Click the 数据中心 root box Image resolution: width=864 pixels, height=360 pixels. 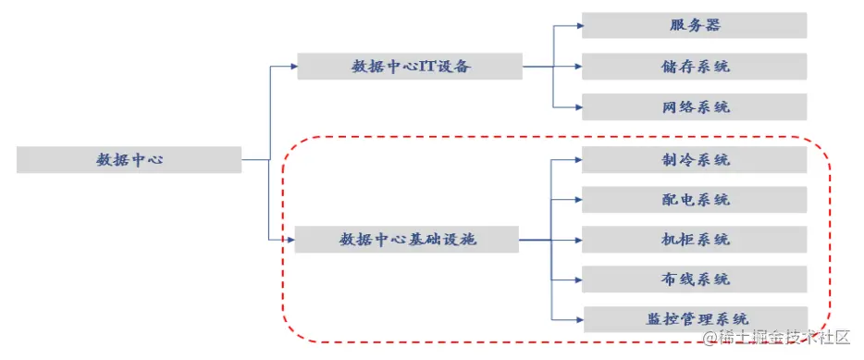(x=130, y=159)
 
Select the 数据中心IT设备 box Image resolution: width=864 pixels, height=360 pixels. (x=410, y=67)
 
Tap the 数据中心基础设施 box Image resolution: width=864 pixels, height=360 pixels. (x=406, y=240)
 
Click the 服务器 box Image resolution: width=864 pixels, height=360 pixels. (x=694, y=25)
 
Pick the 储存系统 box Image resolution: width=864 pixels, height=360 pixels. (x=694, y=67)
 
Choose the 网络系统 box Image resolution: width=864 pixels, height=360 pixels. (x=694, y=107)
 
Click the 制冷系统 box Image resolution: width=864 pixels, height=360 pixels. (x=694, y=160)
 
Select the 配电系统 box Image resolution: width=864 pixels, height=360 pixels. (x=694, y=200)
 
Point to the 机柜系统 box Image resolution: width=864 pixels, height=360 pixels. (x=694, y=240)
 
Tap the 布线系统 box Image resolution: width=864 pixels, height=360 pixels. (x=694, y=279)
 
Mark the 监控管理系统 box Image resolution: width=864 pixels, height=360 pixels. (x=694, y=319)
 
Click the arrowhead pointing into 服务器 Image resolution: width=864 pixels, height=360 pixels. (x=578, y=25)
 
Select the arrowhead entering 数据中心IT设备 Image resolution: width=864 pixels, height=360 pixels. (x=292, y=67)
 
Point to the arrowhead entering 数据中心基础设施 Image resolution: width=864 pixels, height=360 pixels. (x=290, y=240)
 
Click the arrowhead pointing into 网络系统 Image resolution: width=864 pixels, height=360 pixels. (x=578, y=107)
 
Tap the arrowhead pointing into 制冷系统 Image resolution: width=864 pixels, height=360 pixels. (x=578, y=160)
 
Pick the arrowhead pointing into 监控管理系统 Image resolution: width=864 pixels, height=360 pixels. (x=578, y=319)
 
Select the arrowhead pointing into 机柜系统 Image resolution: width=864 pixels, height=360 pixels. (x=578, y=240)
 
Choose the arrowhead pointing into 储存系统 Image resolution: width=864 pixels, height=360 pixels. (x=578, y=67)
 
